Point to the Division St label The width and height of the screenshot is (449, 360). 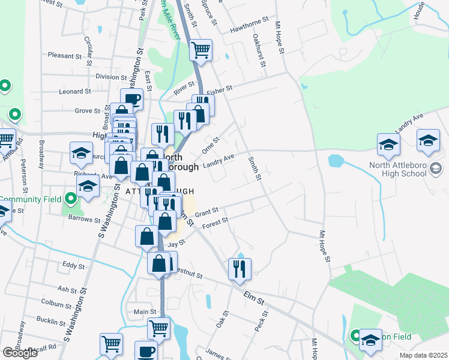pos(107,77)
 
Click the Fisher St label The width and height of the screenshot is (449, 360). pos(219,90)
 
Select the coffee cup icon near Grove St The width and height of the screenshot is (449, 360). pos(131,99)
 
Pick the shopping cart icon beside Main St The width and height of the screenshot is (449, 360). pos(158,328)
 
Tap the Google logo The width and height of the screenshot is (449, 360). pos(20,353)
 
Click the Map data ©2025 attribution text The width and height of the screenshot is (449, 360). pos(423,355)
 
